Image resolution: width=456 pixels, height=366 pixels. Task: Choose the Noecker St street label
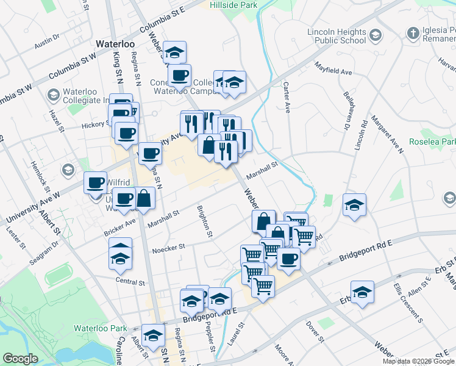(x=168, y=248)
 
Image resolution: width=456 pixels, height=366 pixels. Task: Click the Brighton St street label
(x=204, y=221)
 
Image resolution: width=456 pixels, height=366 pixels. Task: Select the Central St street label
(x=130, y=282)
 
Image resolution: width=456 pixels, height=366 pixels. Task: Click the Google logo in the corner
(x=20, y=359)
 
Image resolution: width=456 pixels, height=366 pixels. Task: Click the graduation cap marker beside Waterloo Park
(x=153, y=334)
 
